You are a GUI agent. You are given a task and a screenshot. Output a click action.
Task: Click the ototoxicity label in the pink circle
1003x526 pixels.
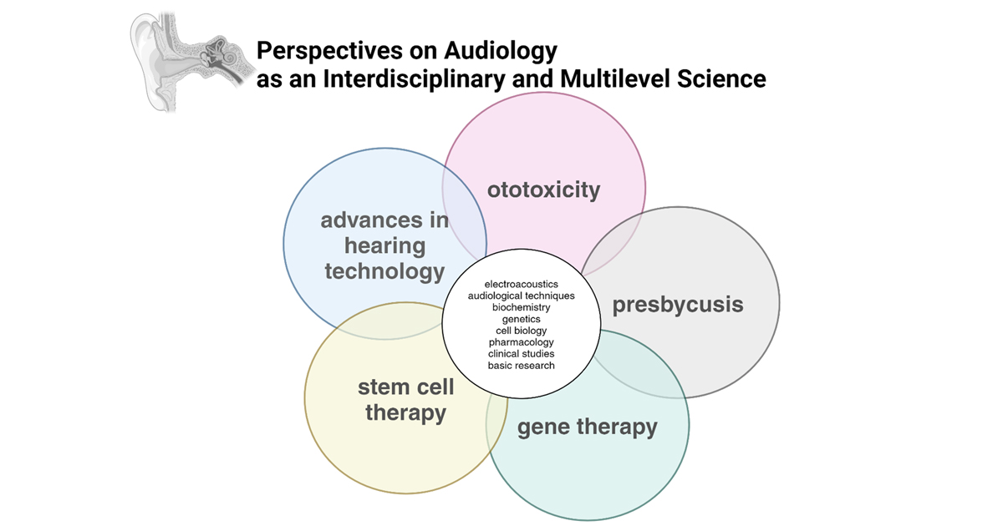point(543,190)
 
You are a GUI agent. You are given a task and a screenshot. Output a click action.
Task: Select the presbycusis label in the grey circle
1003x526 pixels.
point(678,304)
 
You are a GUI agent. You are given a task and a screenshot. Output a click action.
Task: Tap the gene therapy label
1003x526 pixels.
point(587,427)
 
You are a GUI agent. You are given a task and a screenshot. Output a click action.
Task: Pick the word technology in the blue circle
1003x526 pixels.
point(384,271)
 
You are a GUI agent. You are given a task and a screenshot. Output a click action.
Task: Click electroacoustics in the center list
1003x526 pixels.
point(521,285)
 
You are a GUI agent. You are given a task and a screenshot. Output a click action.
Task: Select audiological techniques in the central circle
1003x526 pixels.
point(521,296)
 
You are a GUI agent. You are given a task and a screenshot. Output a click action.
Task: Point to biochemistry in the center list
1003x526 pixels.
point(521,308)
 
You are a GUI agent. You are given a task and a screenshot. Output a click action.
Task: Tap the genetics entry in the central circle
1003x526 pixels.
point(521,319)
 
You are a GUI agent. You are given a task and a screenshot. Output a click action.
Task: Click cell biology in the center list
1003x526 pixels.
point(521,331)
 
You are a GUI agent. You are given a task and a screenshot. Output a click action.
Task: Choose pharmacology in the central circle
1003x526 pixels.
point(521,342)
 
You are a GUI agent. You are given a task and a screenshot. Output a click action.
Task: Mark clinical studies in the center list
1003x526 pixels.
point(521,354)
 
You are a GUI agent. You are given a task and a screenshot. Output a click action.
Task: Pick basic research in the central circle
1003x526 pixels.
point(521,366)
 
